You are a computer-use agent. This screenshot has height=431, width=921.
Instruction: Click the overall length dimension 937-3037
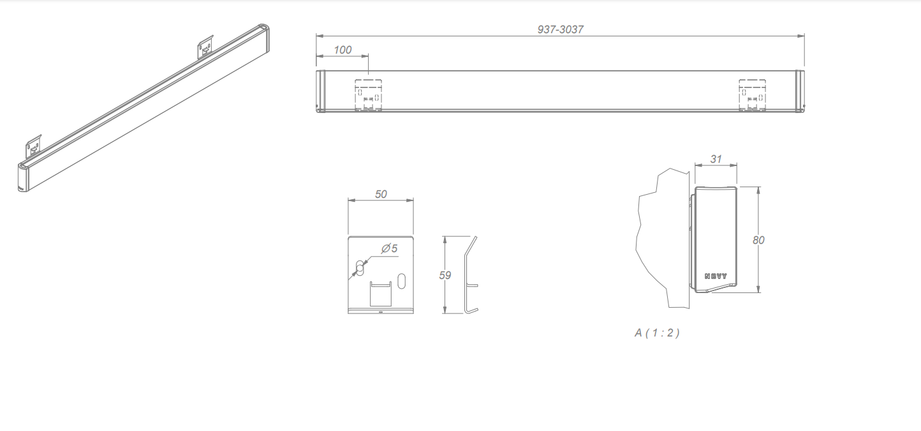coord(560,29)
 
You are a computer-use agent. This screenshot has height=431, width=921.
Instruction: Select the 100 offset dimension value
coord(343,50)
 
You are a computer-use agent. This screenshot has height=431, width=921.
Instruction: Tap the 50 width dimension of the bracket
coord(381,194)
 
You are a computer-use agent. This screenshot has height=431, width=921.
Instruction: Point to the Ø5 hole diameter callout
coord(390,248)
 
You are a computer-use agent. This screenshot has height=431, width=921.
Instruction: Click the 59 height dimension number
coord(445,275)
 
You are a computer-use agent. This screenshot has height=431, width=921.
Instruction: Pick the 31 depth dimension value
coord(716,159)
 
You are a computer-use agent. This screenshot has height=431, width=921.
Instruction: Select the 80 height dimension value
coord(758,240)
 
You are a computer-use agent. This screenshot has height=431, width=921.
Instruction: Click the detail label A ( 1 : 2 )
coord(657,333)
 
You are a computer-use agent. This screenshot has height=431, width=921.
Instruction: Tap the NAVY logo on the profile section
coord(716,276)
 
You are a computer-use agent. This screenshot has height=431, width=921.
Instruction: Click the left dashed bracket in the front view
coord(368,95)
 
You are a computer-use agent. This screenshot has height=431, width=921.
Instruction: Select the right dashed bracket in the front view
coord(752,95)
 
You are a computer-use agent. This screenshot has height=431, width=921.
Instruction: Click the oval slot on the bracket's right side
coord(401,280)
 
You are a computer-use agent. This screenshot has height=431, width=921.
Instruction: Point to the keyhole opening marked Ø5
coord(360,268)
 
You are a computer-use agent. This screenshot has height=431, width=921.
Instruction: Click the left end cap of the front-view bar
coord(321,91)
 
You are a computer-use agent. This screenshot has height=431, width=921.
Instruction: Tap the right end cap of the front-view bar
coord(799,91)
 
